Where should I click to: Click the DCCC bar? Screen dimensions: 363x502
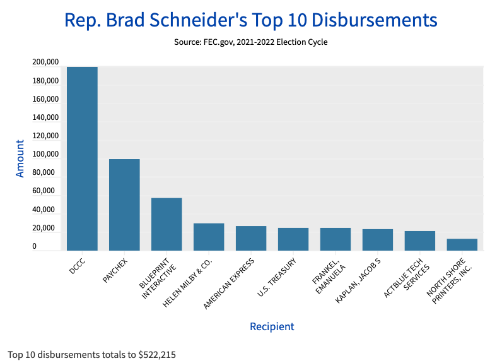(82, 158)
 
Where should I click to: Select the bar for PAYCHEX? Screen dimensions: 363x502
(124, 205)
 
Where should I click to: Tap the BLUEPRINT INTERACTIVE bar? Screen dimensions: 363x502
(166, 224)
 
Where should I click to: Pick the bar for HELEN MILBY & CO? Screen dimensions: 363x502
(209, 237)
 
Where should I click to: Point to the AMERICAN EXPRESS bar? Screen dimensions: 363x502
(251, 238)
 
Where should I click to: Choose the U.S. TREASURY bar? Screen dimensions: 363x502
(293, 239)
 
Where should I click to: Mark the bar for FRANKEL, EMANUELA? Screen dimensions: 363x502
(336, 239)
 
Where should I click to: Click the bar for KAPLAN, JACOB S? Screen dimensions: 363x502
(378, 240)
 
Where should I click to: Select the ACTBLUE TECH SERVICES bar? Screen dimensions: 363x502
(420, 241)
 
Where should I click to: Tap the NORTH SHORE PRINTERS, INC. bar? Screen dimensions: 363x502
(462, 244)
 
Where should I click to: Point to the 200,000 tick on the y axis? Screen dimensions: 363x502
(45, 62)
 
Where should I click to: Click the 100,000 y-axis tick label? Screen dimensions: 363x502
(45, 154)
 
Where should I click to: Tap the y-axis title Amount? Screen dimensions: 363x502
(20, 158)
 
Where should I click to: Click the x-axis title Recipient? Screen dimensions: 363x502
(272, 326)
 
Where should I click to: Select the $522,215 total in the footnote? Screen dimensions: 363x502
(157, 354)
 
